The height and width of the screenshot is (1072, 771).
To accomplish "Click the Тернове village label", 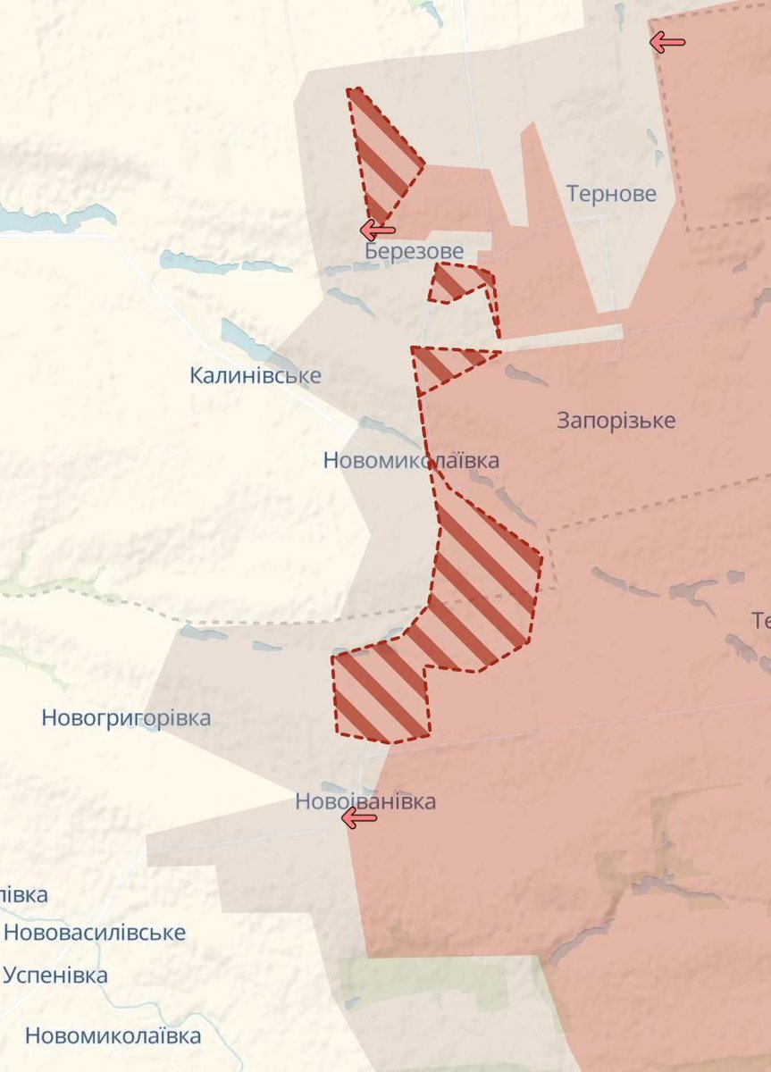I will [x=611, y=194].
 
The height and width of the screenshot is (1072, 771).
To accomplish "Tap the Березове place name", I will [x=414, y=251].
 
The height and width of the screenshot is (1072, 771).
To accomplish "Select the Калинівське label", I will [x=255, y=375].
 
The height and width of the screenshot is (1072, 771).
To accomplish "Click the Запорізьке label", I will [x=616, y=420].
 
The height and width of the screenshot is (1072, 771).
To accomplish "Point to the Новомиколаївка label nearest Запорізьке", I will [x=411, y=461].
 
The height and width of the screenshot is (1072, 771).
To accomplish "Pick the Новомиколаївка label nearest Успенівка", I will [x=113, y=1036].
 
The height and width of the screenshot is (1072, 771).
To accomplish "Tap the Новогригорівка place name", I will [x=126, y=717].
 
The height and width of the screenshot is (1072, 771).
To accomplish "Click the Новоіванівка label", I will [x=365, y=801].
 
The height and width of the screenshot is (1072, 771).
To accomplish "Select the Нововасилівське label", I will [x=95, y=933].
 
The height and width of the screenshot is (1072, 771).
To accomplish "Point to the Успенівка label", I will [x=55, y=975].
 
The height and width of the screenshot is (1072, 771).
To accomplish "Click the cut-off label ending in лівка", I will [x=23, y=894].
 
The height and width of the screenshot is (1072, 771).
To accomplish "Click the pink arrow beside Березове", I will [x=377, y=230].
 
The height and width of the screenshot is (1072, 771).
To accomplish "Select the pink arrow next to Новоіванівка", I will [x=359, y=817].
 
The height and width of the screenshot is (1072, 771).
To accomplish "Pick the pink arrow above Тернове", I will [x=667, y=41].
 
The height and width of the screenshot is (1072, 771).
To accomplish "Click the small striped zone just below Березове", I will [x=460, y=282].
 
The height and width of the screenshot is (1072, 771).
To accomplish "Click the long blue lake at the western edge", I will [x=54, y=217].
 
